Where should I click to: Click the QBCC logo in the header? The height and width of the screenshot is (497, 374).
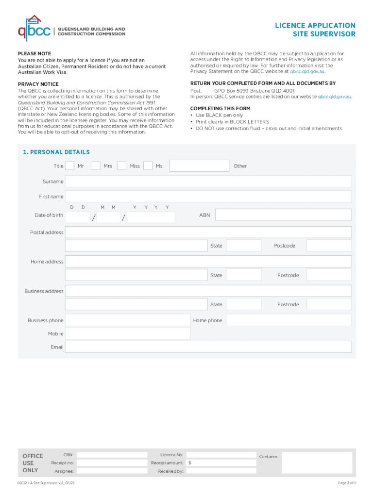pos(34,28)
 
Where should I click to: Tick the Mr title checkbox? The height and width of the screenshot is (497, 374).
pos(70,166)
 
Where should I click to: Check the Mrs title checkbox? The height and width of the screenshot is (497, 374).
pos(96,166)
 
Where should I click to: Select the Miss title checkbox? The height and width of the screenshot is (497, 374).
pos(122,166)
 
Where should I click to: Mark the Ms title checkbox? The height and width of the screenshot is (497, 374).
pos(148,166)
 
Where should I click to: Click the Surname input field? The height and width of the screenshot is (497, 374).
pos(208,182)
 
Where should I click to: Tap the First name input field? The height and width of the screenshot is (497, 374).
pos(208,197)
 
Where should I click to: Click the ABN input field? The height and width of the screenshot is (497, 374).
pos(283,215)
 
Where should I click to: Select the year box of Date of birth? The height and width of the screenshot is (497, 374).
pos(151,217)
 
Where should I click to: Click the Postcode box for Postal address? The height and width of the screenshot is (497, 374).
pos(329,246)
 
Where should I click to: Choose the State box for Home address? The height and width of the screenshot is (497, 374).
pos(244,275)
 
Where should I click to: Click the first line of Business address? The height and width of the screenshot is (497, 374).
pos(208,291)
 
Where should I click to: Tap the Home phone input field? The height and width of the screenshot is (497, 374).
pos(289,320)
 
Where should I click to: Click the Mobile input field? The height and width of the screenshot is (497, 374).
pos(128,334)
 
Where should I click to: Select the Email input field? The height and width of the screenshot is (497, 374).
pos(208,347)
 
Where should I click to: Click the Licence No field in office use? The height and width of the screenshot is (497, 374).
pos(221,455)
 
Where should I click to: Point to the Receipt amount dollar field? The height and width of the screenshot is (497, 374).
pos(221,463)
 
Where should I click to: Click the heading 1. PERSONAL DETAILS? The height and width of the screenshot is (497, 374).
pos(56,152)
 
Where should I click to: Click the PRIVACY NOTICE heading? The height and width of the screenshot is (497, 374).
pos(38,84)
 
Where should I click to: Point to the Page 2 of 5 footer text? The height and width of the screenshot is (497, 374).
pos(347,483)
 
